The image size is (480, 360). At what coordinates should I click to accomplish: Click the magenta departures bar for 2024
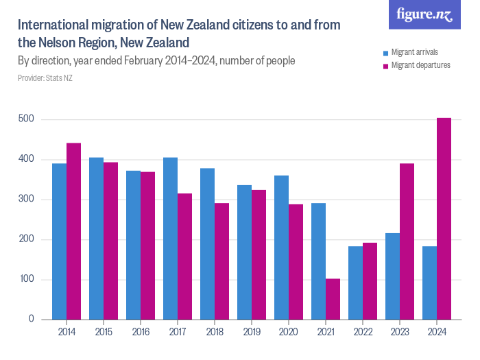[x=444, y=219]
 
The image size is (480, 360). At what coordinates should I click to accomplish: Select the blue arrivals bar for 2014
[x=59, y=241]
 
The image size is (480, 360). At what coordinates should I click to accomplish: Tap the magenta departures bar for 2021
[x=333, y=299]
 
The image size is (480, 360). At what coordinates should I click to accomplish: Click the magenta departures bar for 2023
[x=407, y=241]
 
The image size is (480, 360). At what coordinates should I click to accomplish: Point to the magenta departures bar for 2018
[x=221, y=261]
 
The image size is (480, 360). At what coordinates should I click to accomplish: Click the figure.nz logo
[x=424, y=14]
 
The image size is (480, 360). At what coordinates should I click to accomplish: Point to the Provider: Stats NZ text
[x=45, y=78]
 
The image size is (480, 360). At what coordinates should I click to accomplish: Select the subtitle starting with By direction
[x=156, y=60]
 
